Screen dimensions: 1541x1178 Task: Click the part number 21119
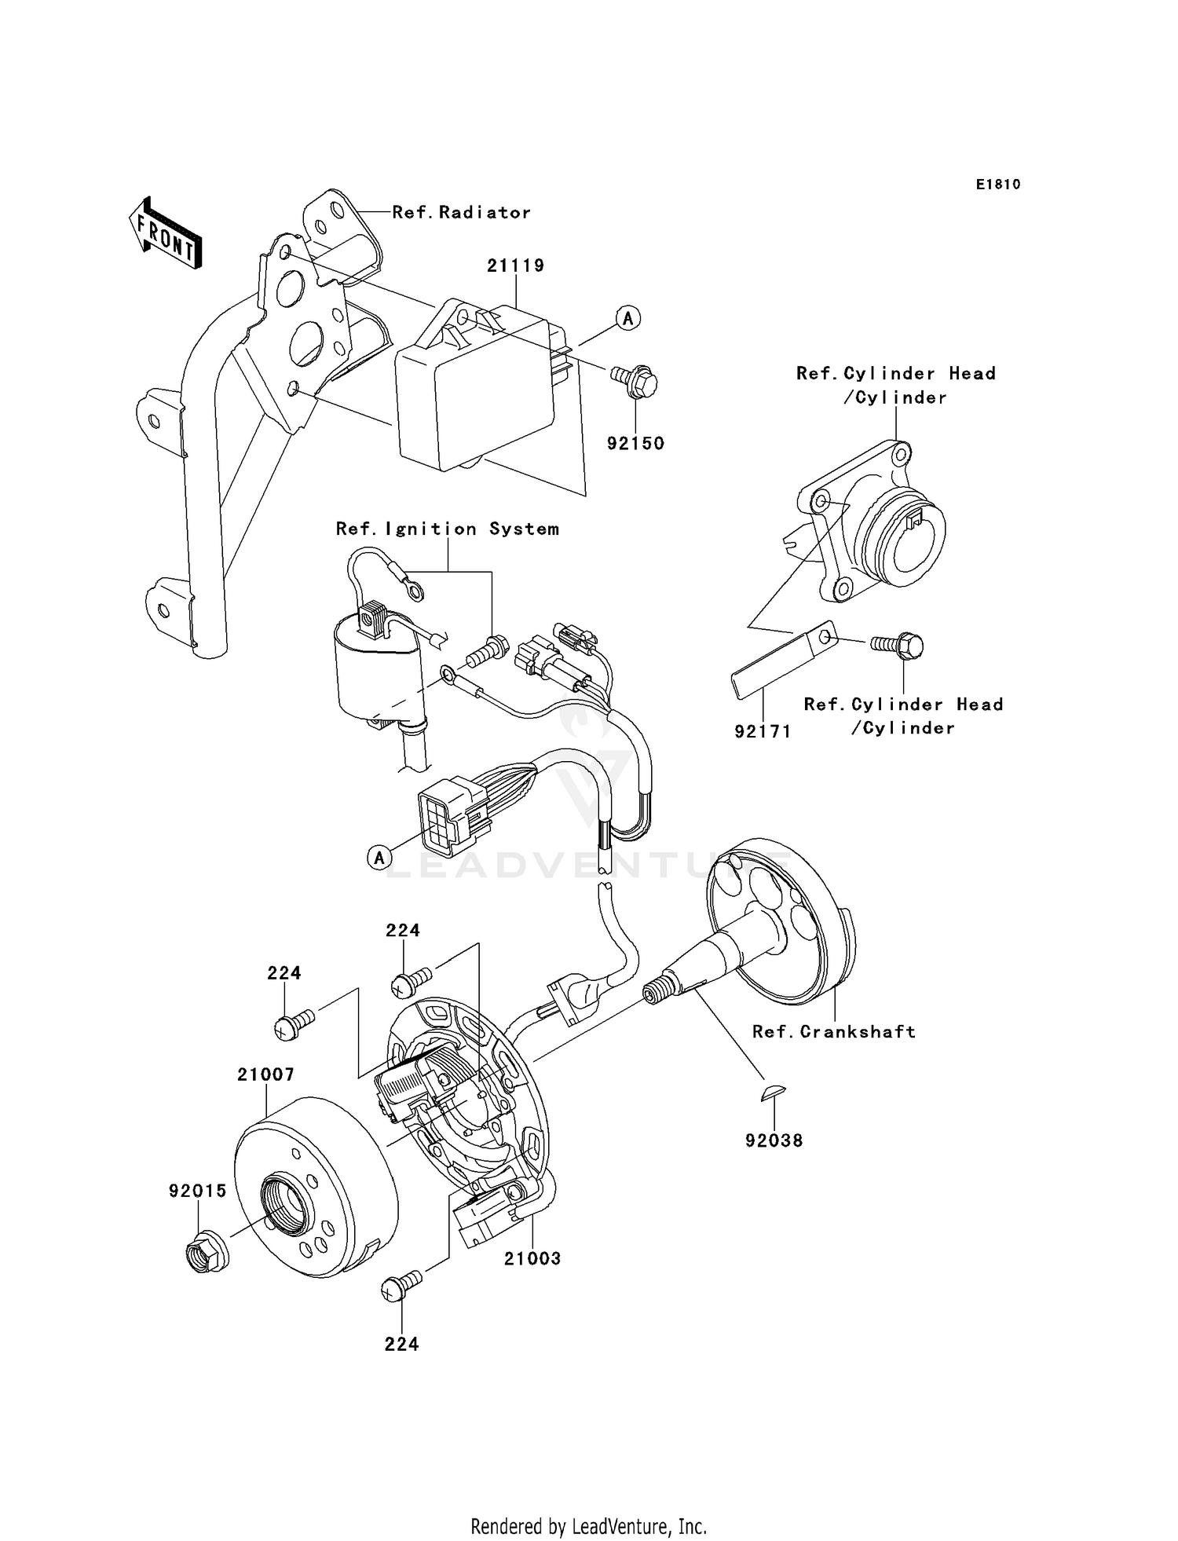515,265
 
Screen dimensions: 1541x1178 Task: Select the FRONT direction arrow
166,235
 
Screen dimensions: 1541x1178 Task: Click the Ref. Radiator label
461,212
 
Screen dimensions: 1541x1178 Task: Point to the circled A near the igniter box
627,318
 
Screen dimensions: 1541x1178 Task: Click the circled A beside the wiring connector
379,858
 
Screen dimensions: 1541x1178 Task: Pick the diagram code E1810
998,185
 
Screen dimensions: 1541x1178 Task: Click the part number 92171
763,731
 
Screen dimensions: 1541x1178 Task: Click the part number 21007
265,1074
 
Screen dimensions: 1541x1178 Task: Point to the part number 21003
532,1258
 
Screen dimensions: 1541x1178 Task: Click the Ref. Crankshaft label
834,1031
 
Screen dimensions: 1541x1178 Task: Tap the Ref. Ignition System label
448,529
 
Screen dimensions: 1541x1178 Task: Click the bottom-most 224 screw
400,1286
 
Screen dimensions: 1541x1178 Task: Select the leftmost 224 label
284,973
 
